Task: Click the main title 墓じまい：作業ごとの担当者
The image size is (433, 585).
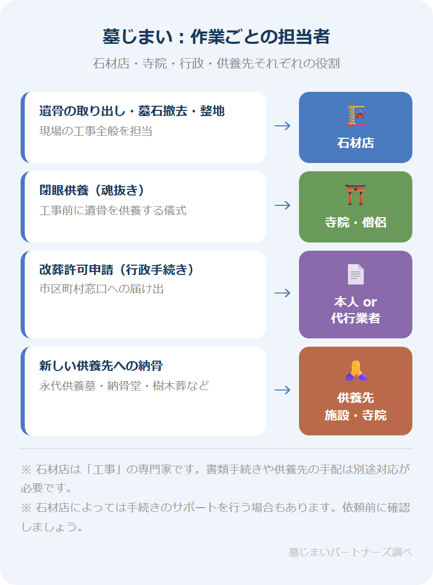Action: pos(216,37)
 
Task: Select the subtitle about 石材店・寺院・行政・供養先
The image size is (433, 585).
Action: pos(216,63)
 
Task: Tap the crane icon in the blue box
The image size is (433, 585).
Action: pos(356,116)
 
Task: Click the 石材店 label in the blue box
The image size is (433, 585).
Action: pos(356,143)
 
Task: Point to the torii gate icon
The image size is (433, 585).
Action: pos(356,195)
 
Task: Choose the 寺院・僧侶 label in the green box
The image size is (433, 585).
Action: pos(356,222)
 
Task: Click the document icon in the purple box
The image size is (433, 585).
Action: pos(356,274)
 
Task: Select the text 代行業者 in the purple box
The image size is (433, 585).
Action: pos(356,318)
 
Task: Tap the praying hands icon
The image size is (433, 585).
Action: pos(356,370)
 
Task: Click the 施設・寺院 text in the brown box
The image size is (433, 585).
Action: pos(356,415)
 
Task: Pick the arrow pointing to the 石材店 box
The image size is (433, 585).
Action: pos(282,126)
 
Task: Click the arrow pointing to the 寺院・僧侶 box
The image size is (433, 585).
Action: pos(282,205)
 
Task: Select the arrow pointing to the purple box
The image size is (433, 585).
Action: pos(282,293)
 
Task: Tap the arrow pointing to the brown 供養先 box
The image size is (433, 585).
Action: pos(282,390)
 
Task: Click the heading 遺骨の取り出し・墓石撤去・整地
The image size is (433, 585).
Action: pos(132,111)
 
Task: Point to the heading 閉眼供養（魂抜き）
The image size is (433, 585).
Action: pos(92,190)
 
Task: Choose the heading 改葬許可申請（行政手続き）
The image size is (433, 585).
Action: pos(116,270)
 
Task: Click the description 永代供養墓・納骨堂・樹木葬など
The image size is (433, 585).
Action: pos(124,385)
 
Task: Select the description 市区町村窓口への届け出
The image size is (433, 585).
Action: pos(102,289)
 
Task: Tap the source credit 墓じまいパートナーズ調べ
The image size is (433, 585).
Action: pos(350,552)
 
